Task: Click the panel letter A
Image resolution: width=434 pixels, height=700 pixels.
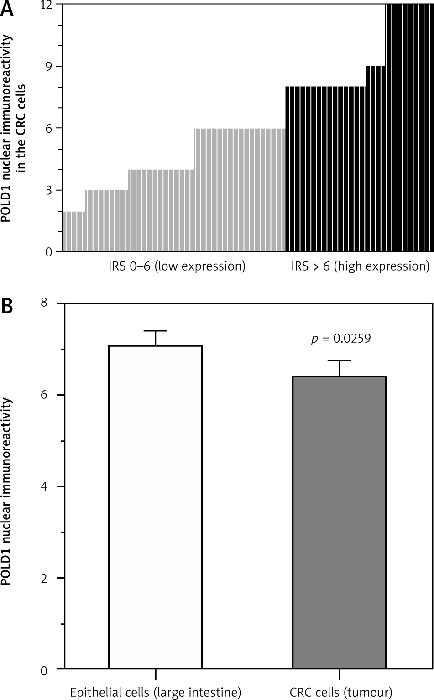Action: click(x=8, y=10)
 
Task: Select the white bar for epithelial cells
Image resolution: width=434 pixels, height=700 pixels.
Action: click(x=155, y=507)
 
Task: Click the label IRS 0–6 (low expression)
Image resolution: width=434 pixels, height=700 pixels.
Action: click(x=174, y=266)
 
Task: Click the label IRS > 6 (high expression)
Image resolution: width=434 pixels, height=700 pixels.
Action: click(x=360, y=266)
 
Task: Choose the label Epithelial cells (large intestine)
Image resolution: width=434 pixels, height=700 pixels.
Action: click(x=155, y=693)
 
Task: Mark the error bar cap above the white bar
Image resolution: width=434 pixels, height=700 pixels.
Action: click(x=155, y=331)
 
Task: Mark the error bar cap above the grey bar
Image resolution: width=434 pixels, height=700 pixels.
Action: click(x=339, y=361)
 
